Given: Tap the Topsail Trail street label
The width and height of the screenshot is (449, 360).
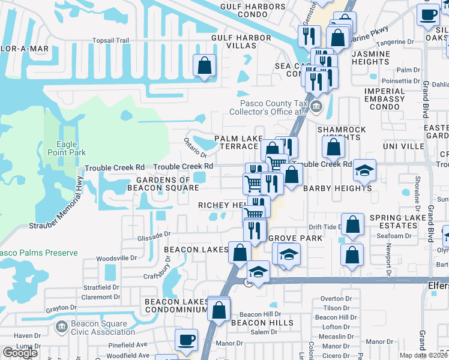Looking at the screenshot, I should point(110,41).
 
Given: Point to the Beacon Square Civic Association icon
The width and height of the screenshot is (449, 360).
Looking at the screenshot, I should point(60,327).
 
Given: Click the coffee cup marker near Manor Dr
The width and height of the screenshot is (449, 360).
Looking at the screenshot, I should point(186,340).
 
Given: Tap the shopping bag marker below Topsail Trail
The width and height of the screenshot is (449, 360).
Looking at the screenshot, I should point(204,65).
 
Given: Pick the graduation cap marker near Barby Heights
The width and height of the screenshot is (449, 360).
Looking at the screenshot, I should point(364,170).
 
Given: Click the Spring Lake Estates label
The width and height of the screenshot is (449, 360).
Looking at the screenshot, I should point(393,221).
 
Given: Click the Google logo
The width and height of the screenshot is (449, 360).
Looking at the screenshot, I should point(20,353).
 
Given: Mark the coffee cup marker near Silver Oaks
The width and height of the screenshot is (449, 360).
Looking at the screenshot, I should point(429,15).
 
